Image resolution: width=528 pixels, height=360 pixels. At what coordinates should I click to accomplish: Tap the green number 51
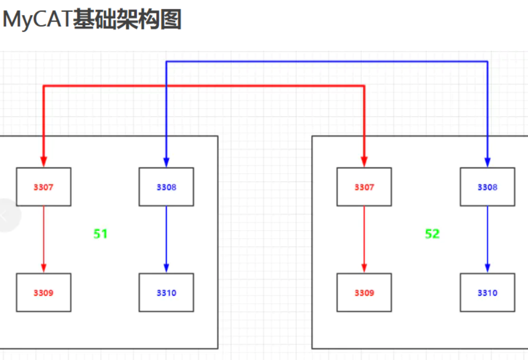pos(100,234)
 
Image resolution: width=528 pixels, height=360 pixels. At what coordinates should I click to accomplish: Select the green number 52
pos(432,234)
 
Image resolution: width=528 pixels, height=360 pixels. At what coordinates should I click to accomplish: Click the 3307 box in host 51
pos(43,187)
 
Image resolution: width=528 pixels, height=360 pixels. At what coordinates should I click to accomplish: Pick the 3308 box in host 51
pos(166,187)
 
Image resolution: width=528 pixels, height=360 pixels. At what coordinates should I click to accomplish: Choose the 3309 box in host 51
pos(43,292)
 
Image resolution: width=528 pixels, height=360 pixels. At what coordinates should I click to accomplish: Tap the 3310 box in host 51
pos(166,292)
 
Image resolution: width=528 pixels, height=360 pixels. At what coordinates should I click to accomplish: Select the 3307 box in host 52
pos(364,187)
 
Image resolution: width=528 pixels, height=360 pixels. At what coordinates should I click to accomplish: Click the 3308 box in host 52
pos(487,187)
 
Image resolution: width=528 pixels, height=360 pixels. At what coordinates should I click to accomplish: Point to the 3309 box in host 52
pos(364,292)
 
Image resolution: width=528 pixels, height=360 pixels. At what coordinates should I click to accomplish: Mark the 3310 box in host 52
pos(487,292)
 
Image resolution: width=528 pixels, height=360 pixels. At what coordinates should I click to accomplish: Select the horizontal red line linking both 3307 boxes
pos(204,86)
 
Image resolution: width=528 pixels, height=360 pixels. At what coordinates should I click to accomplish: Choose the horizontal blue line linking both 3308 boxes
pos(327,62)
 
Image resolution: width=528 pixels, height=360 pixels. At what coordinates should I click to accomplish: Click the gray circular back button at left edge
pos(6,215)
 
